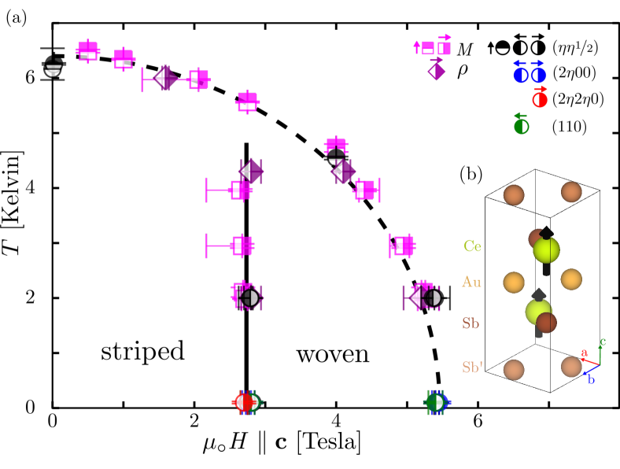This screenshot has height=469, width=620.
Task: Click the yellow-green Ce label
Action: coord(472,246)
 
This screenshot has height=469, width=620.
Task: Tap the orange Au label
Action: coord(471,282)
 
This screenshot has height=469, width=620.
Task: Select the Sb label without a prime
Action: coord(471,323)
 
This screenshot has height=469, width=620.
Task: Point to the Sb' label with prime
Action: coord(472,367)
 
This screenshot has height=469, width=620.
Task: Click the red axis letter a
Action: coord(584,353)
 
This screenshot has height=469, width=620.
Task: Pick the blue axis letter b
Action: coord(590,379)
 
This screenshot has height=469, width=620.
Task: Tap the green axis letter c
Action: coord(602,342)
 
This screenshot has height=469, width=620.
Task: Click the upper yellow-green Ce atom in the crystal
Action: coord(546,250)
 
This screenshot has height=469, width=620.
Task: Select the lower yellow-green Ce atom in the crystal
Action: coord(538,312)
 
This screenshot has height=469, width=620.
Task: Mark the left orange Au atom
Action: coord(514,282)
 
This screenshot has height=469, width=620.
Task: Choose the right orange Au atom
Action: coord(571,279)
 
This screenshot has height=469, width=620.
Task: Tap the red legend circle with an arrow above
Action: coord(540,100)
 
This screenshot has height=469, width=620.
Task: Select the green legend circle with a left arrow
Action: coord(521,127)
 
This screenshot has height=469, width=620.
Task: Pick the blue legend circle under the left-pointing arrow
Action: coord(520,76)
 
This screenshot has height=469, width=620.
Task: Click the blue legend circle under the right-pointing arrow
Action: coord(538,76)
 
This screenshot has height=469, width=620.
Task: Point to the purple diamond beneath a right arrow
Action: coord(437,72)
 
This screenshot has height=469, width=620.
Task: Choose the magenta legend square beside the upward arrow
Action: coord(427,48)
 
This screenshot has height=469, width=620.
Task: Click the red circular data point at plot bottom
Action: coord(244,402)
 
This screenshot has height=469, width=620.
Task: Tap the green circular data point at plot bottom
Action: coord(436,402)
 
